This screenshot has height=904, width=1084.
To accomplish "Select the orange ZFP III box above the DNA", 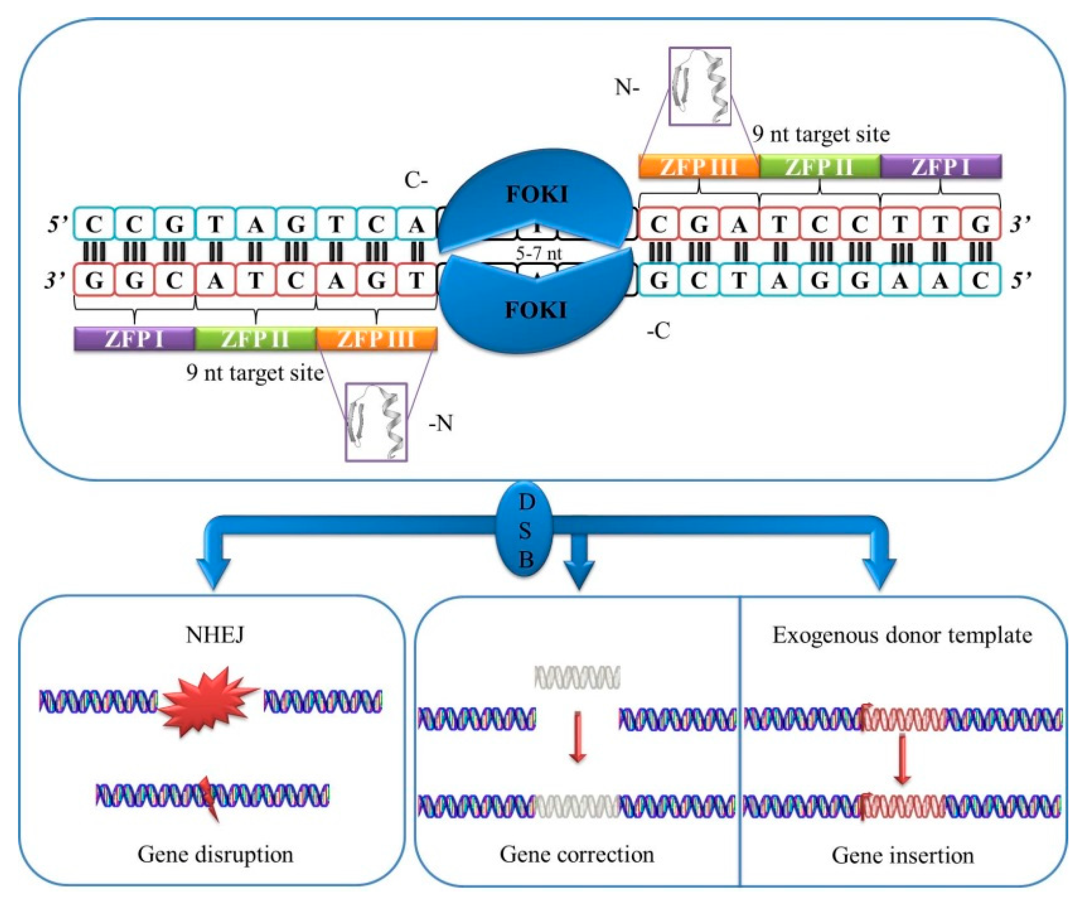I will (x=699, y=167).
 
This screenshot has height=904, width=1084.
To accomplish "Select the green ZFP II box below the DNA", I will (x=256, y=339).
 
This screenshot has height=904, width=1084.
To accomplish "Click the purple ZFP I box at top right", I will (x=941, y=167).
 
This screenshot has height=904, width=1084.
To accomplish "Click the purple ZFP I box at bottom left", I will (x=134, y=339).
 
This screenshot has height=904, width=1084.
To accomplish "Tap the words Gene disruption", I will (x=215, y=855).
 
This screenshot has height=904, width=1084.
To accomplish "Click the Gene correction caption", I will (x=576, y=855).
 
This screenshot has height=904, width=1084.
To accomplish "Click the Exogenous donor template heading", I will (x=902, y=635).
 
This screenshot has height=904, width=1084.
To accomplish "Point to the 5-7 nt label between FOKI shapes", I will (x=539, y=254).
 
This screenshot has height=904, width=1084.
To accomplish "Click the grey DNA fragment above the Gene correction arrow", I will (x=577, y=677).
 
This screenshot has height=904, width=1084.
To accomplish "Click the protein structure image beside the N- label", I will (x=699, y=86).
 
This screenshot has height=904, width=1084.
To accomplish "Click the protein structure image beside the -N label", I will (x=376, y=421).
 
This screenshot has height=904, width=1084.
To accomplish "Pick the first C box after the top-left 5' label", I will (x=94, y=225).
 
